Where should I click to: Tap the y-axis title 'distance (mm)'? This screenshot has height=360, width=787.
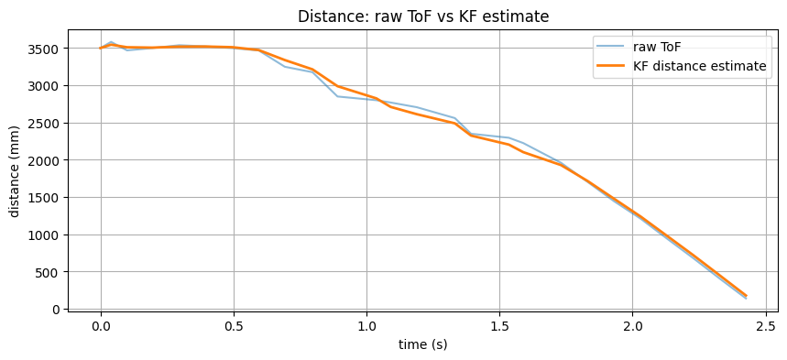(x=15, y=171)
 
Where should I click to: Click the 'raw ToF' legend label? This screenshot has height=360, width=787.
(x=657, y=47)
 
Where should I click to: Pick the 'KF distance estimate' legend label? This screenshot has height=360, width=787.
(x=700, y=66)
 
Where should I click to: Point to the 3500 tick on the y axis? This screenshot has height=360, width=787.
(x=46, y=49)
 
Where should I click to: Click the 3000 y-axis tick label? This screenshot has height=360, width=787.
(x=46, y=86)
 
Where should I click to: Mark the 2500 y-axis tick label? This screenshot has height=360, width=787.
(x=46, y=123)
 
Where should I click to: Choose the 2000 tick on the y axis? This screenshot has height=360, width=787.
(x=46, y=160)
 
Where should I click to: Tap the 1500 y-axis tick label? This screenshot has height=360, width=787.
(x=46, y=198)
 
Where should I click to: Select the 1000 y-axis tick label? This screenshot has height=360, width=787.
(x=46, y=235)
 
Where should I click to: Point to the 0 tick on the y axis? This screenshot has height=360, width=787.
(x=57, y=310)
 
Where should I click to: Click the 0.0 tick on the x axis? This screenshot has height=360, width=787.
(x=101, y=324)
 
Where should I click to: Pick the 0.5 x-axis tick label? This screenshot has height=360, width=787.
(x=234, y=324)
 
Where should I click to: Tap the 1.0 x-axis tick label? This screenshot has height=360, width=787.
(x=366, y=324)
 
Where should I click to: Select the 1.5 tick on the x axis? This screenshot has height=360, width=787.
(x=499, y=324)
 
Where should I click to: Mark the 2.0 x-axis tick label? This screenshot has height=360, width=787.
(x=632, y=324)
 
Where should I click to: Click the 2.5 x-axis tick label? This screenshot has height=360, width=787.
(x=765, y=324)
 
